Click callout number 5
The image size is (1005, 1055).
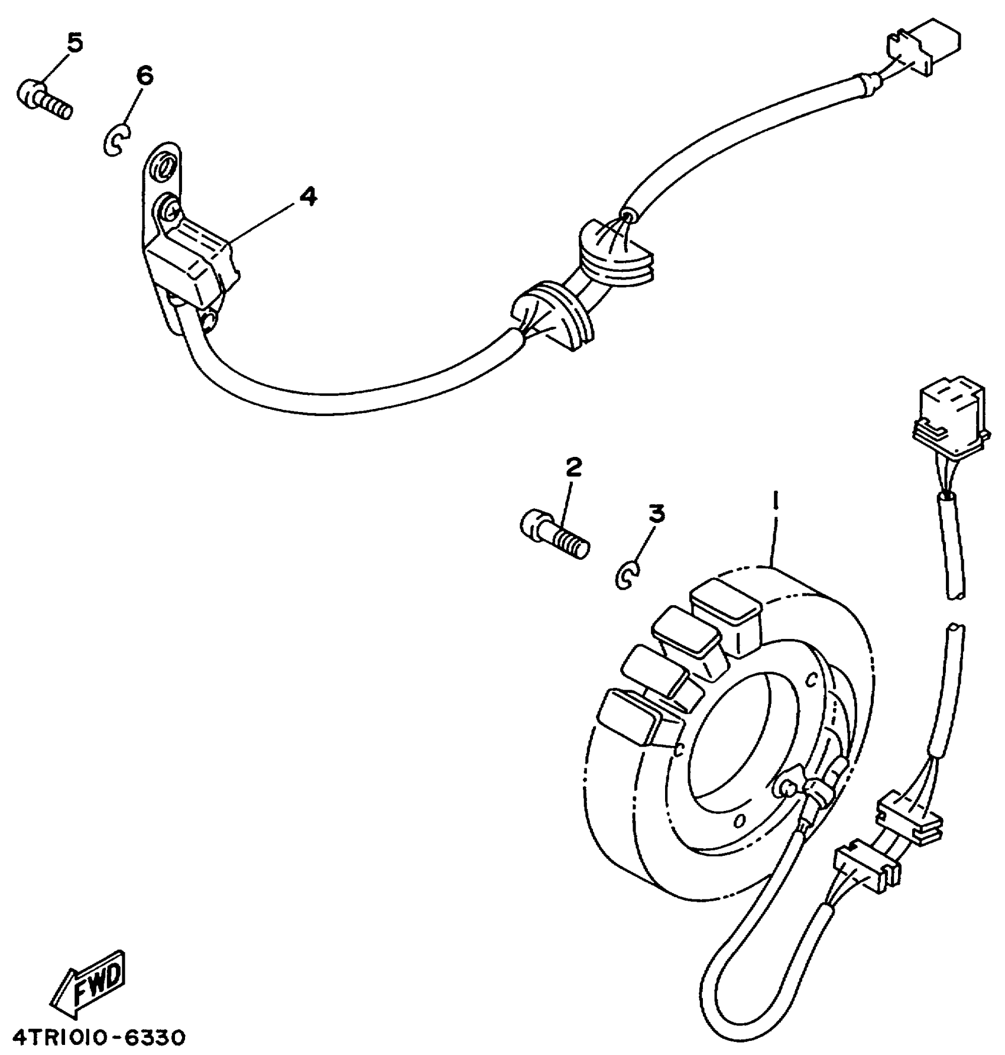[x=74, y=43]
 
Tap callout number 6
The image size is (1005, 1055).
[x=144, y=76]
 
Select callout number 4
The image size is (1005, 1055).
[x=307, y=196]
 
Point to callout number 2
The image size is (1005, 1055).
[x=573, y=468]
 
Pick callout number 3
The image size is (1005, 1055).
[x=656, y=514]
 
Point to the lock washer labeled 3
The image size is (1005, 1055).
[x=627, y=575]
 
